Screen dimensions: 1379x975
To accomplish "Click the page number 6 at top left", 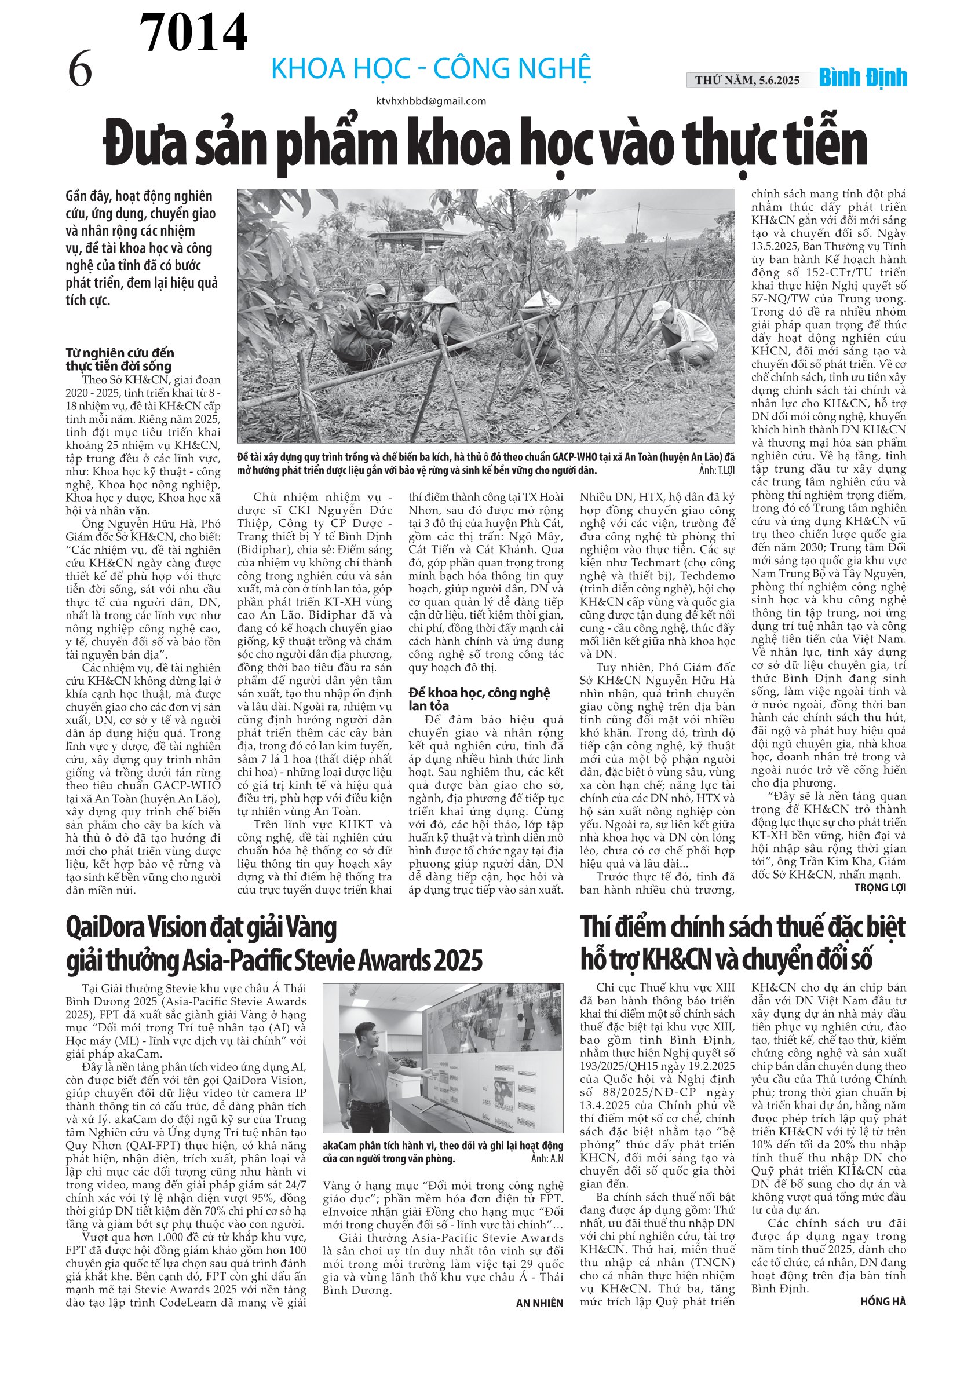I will click(x=80, y=70).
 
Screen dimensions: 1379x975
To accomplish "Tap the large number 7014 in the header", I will click(x=193, y=32).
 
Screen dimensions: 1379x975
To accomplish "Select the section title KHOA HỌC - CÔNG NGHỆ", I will click(x=431, y=68).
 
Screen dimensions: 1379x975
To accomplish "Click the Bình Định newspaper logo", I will click(x=863, y=78).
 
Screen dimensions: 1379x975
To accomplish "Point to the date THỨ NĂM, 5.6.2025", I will click(x=747, y=81).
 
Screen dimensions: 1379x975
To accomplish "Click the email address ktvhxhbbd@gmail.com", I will click(x=431, y=101).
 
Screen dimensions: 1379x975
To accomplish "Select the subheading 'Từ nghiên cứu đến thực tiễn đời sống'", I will click(x=119, y=359).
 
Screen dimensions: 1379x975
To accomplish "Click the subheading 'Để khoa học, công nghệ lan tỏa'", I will click(x=479, y=699).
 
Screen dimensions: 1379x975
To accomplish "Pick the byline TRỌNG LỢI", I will click(x=880, y=888).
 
